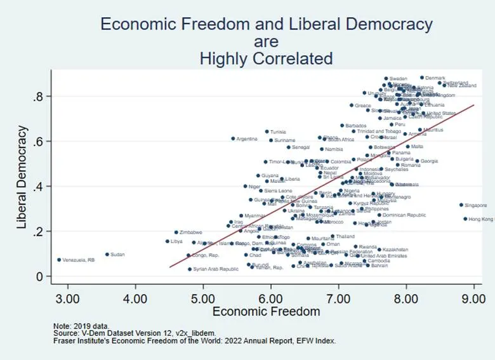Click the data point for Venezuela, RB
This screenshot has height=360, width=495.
(x=59, y=260)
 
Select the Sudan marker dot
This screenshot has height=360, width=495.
(x=107, y=255)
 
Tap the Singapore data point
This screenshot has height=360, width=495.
(x=461, y=205)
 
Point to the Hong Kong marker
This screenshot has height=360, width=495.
(x=465, y=219)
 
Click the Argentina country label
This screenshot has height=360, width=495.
(x=247, y=138)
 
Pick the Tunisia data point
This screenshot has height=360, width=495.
(x=267, y=131)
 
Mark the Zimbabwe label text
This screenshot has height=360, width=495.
(x=191, y=232)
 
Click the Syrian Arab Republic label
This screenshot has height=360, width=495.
(x=216, y=269)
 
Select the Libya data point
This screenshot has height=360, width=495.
(x=168, y=241)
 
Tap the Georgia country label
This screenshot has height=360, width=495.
(x=429, y=161)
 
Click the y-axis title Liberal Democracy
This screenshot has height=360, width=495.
(x=23, y=177)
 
